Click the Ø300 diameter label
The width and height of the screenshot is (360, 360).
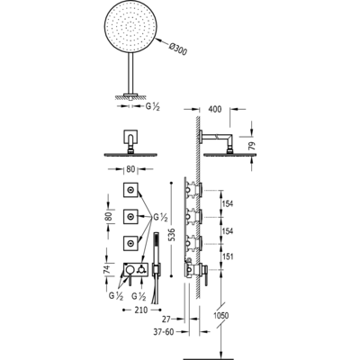178,49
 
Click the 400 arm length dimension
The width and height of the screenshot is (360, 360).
214,109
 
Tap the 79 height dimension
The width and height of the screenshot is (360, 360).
253,146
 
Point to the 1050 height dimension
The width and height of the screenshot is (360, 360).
220,316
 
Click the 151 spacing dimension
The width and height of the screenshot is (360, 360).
228,256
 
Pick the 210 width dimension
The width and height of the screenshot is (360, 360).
141,310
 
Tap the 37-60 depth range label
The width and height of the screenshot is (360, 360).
163,332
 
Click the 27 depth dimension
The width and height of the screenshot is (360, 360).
166,319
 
